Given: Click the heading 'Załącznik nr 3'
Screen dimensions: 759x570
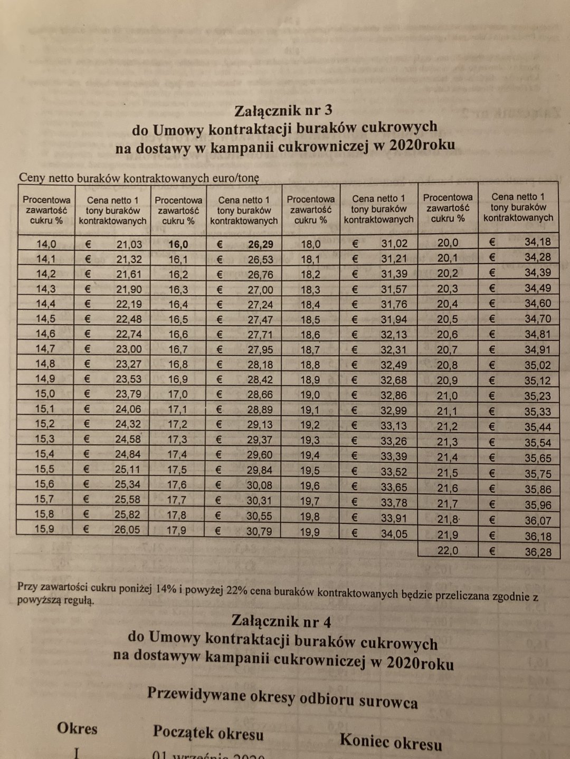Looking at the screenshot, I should (x=284, y=111).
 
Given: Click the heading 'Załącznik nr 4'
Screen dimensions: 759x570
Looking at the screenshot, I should (x=281, y=621).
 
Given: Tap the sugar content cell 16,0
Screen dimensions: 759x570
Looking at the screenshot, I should (x=178, y=245).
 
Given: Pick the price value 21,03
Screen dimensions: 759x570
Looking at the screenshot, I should (x=129, y=244).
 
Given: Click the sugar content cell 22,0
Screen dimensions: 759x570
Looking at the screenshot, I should (x=448, y=551).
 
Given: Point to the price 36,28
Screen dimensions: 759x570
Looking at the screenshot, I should (x=538, y=552).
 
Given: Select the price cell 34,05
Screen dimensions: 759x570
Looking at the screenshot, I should (x=394, y=534).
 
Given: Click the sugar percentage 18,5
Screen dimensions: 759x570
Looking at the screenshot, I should (x=310, y=320).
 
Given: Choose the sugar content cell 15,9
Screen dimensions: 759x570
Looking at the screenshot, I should (x=44, y=529).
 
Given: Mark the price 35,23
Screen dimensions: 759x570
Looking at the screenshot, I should (x=537, y=396).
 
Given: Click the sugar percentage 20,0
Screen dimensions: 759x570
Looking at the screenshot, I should (x=448, y=243).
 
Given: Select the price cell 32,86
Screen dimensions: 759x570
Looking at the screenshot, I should (x=394, y=395).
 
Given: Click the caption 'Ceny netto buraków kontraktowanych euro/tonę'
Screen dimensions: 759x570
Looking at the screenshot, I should (x=139, y=178).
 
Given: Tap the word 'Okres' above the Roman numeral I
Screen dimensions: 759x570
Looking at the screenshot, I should (x=77, y=728).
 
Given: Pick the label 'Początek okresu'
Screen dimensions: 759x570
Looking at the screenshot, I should (x=208, y=733).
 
